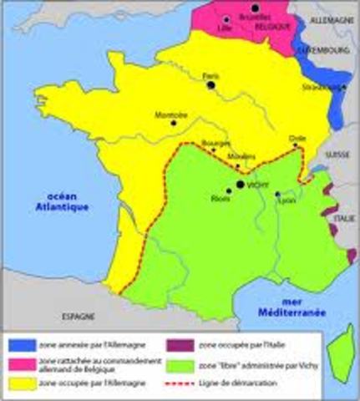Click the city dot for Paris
pyautogui.click(x=211, y=84)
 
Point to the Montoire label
pyautogui.click(x=171, y=114)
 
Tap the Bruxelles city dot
pyautogui.click(x=256, y=7)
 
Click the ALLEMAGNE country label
pyautogui.click(x=332, y=18)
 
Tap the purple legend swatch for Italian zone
pyautogui.click(x=185, y=343)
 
